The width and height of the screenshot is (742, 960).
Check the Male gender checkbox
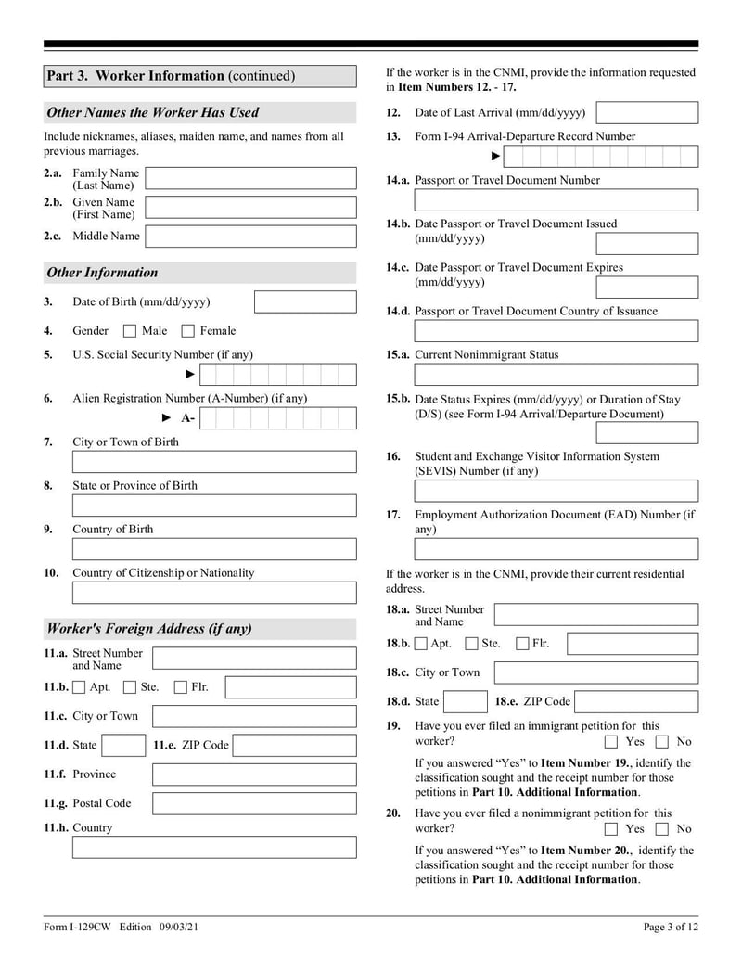click(131, 331)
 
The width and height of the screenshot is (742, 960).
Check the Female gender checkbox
click(188, 331)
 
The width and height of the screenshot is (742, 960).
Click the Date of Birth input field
click(304, 302)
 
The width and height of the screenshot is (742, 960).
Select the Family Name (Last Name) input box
click(250, 178)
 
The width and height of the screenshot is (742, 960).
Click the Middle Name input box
click(250, 236)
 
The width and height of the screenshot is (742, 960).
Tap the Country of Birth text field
click(213, 549)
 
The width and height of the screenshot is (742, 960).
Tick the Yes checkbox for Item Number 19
click(611, 742)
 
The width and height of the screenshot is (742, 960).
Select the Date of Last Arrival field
click(646, 113)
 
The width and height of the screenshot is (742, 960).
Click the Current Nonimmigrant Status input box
click(556, 375)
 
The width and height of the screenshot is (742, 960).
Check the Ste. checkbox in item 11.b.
click(131, 687)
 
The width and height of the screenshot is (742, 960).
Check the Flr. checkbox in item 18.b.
click(523, 644)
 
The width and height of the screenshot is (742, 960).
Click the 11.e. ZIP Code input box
click(293, 745)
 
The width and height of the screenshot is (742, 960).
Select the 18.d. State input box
click(466, 701)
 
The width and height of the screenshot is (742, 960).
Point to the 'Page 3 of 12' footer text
click(671, 927)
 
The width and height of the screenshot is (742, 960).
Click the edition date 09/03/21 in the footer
click(181, 927)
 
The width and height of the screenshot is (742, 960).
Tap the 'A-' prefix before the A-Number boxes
click(187, 418)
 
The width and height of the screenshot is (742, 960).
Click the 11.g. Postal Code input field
click(253, 803)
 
